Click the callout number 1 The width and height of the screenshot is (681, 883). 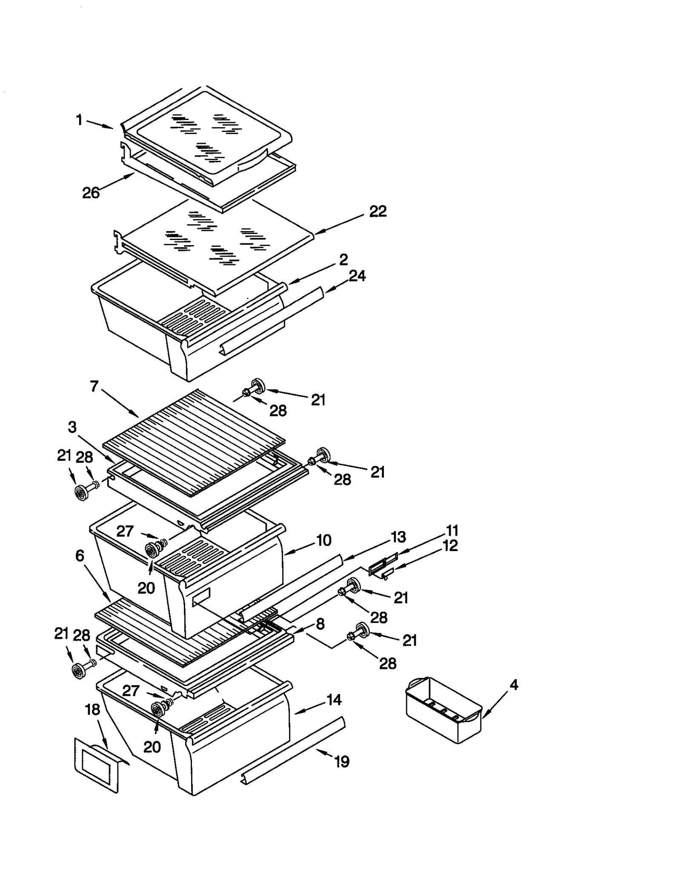coord(79,120)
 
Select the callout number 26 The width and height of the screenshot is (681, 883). coord(91,193)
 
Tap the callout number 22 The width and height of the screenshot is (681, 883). coord(378,211)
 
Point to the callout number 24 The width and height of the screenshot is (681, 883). coord(357,276)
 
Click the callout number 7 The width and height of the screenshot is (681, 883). coord(94,386)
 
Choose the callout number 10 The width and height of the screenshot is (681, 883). coord(323,540)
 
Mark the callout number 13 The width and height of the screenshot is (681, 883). coord(398,537)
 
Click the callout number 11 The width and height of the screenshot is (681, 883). coord(452,531)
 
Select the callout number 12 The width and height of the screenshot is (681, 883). coord(450,546)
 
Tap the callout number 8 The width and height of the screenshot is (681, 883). coord(320,624)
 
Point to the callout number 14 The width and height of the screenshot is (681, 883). coord(334,700)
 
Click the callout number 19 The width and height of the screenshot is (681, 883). coord(342,761)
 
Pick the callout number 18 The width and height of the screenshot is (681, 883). coord(92,709)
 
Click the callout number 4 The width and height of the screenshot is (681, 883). coord(514,685)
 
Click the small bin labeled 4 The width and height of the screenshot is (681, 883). coord(443,711)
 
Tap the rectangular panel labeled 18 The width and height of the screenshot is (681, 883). coord(97,766)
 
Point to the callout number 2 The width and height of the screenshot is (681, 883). coord(343,259)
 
